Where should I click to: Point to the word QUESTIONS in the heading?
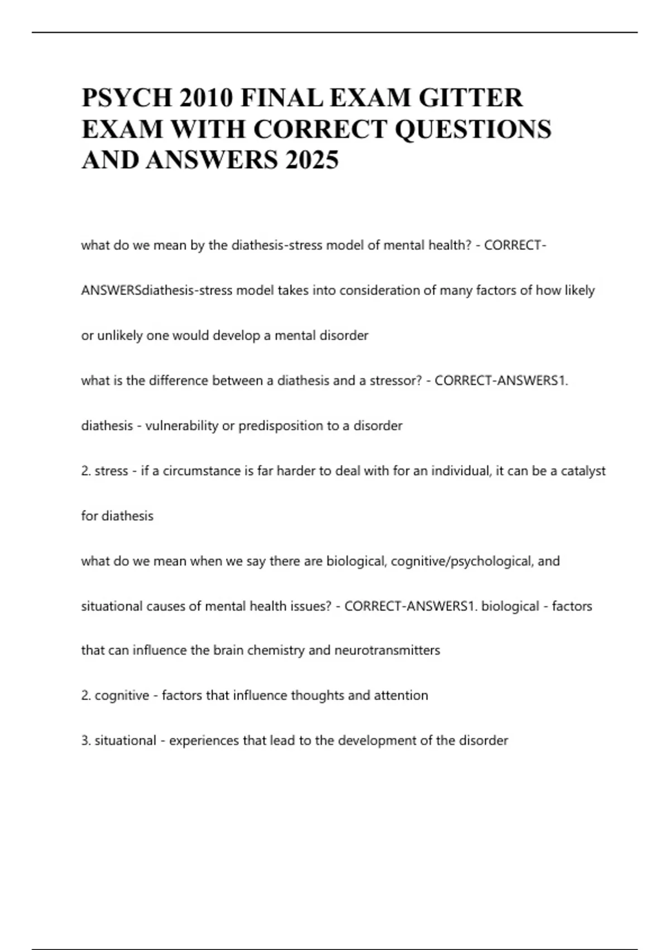click(473, 129)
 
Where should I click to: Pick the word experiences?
click(204, 741)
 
